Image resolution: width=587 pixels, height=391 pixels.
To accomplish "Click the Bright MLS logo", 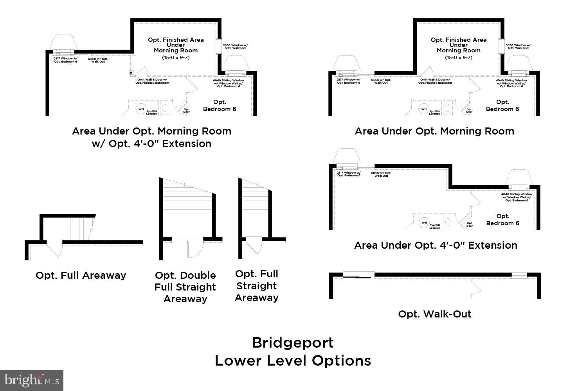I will [x=31, y=380].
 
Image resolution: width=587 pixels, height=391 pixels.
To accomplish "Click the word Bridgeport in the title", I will [x=293, y=343].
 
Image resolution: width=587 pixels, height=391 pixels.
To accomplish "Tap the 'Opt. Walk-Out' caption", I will [x=434, y=314].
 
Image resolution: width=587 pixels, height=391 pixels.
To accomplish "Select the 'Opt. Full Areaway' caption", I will [x=81, y=275].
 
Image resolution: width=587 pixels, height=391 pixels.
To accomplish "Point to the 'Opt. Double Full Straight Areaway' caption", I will [x=185, y=287].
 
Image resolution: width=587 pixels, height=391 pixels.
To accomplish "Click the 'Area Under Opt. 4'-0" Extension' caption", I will [x=436, y=245].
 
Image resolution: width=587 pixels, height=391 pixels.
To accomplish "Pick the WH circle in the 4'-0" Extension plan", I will [x=424, y=223].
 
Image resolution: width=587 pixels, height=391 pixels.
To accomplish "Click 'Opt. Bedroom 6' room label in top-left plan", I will [x=220, y=106].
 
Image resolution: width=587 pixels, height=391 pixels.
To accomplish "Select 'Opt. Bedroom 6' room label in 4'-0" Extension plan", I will [x=502, y=220].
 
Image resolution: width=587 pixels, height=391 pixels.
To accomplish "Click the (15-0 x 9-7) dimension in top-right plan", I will [x=459, y=57].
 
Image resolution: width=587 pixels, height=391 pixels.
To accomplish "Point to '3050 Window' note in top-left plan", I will [x=235, y=46].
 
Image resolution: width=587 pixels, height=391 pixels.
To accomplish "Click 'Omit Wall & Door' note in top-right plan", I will [x=435, y=81].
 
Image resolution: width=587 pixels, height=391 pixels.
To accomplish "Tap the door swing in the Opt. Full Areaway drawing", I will [x=55, y=249].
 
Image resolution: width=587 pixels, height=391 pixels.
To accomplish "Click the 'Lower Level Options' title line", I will [x=293, y=361].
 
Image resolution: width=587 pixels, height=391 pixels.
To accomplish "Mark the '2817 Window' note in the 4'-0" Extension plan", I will [x=348, y=174].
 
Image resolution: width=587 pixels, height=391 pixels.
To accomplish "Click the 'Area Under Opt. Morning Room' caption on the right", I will [x=434, y=131].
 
